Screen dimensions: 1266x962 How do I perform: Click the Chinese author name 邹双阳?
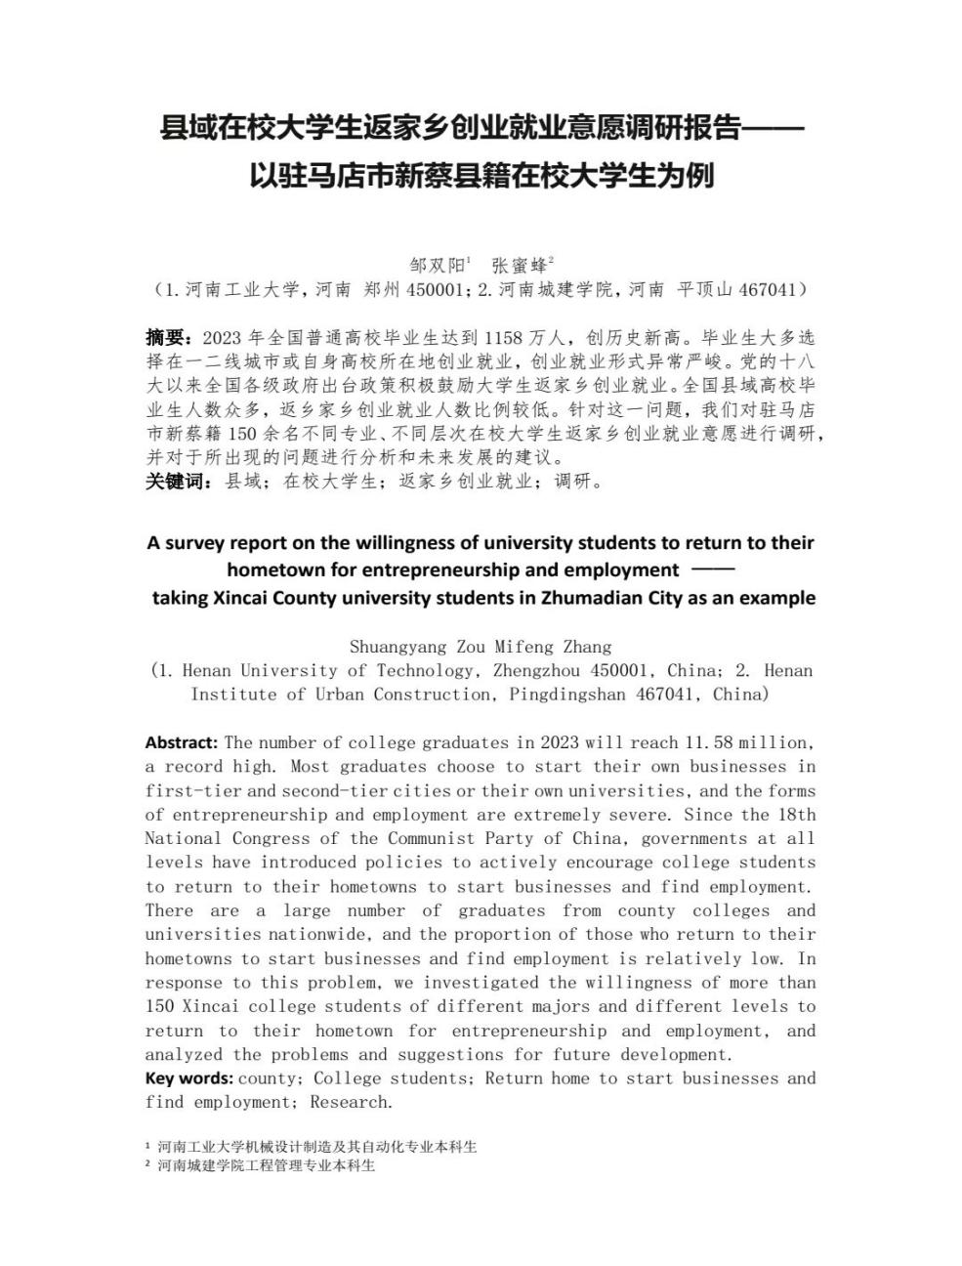pos(436,265)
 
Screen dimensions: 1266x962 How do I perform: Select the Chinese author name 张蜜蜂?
pos(520,265)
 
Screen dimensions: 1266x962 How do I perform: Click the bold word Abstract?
pos(181,742)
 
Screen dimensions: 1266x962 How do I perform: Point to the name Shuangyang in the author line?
pos(397,647)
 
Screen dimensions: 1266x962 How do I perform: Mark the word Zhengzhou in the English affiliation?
pos(542,670)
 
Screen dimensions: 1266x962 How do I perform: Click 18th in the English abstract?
pos(798,815)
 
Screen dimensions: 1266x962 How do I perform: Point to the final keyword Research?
pos(351,1102)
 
